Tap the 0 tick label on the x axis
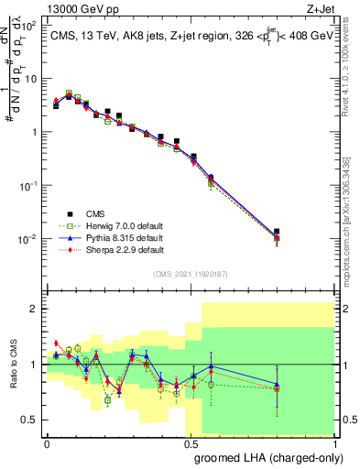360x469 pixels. click(x=47, y=442)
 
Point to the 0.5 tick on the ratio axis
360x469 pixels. click(x=32, y=420)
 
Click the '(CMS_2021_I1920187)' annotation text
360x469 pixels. click(x=191, y=273)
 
